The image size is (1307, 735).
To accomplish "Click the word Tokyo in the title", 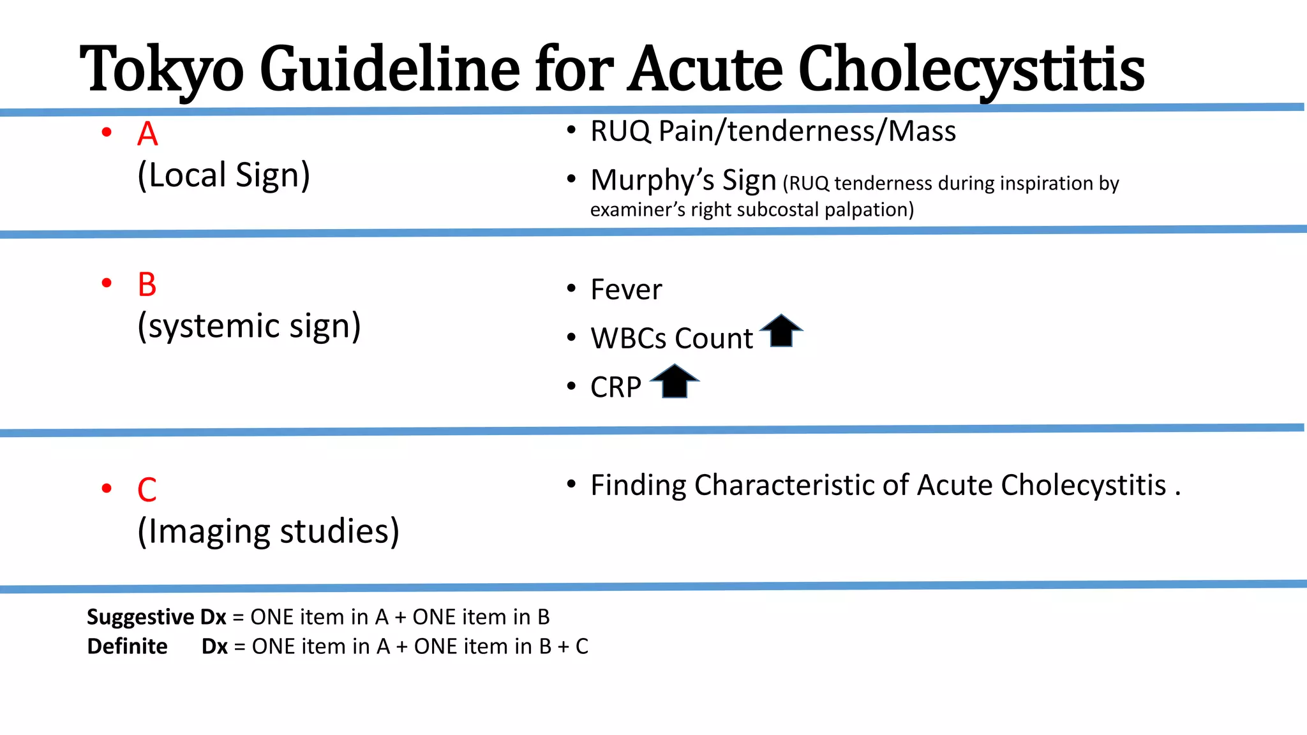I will pos(162,69).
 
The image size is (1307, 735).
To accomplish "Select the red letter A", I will pos(147,134).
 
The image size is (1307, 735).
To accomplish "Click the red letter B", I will pos(147,285).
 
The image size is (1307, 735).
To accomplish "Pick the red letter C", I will pos(147,490).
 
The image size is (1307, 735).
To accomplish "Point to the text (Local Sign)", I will pos(224,175).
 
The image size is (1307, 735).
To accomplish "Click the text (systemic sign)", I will pos(250,326).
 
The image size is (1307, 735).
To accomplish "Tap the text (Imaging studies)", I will pos(269,531).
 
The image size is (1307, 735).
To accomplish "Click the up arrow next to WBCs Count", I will pos(781,331).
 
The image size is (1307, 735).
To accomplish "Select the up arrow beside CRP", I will pos(675,381).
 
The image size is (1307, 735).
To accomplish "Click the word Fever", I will pos(626,290).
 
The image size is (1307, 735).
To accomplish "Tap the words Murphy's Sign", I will pos(683,181).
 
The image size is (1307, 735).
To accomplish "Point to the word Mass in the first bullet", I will pos(922,131).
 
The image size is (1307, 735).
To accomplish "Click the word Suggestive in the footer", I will pos(140,617).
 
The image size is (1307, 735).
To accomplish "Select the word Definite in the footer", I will pos(127,646).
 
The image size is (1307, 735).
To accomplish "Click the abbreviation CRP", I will pos(615,387).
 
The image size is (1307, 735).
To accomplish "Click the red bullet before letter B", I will pos(107,283).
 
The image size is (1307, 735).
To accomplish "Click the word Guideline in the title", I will pos(390,69).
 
